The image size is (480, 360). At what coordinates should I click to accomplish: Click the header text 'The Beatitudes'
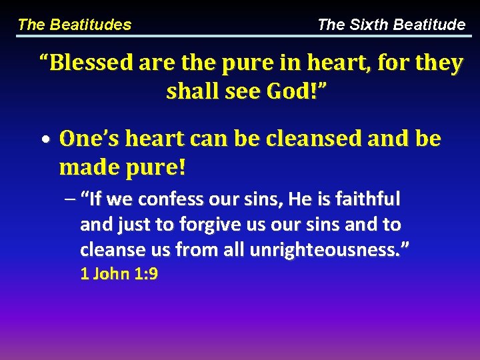point(75,25)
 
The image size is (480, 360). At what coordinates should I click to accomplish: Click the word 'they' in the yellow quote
point(439,63)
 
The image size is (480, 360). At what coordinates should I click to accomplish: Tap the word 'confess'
point(169,199)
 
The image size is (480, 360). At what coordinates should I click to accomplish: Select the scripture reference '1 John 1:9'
point(119,274)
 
